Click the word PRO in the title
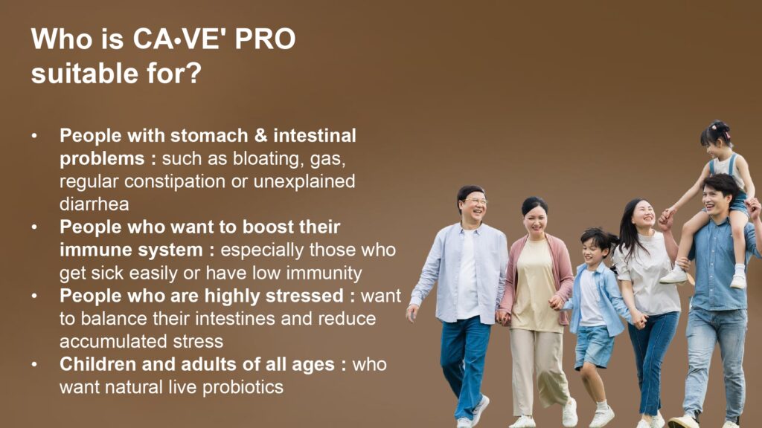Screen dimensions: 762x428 click(266, 39)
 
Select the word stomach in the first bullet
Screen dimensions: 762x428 click(209, 135)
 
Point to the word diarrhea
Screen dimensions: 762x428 click(95, 204)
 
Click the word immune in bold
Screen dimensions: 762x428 click(93, 250)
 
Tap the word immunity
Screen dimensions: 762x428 click(324, 273)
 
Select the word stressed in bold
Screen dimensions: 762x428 click(304, 296)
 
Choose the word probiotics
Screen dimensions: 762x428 click(243, 387)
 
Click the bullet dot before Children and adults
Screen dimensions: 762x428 click(34, 364)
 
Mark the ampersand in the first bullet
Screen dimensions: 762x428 click(261, 135)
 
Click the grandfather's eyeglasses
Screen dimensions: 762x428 click(476, 201)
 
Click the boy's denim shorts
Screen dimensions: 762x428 click(594, 345)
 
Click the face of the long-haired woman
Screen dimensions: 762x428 click(644, 213)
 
